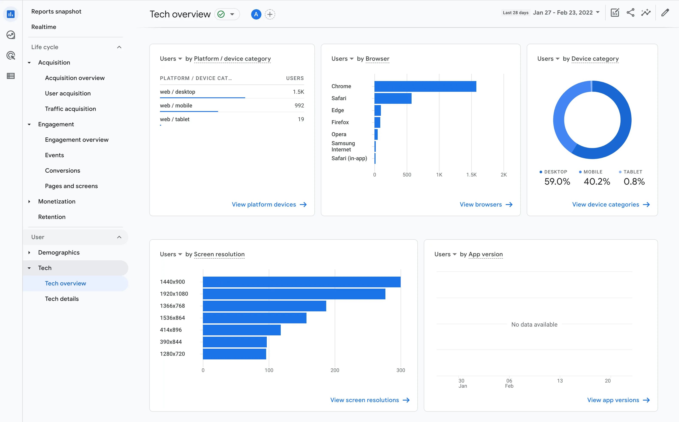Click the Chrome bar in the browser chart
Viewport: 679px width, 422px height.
[425, 86]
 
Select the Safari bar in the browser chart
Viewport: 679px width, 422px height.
[393, 98]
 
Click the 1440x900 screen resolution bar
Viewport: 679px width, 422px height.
[301, 282]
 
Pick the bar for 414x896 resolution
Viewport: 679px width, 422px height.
[242, 330]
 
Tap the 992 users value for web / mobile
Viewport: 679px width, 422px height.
[299, 105]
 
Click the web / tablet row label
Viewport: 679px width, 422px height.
[174, 119]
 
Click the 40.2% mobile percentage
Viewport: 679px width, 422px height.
[597, 182]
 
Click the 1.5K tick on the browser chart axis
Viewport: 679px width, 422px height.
[471, 175]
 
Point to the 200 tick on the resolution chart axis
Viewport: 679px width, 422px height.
[335, 370]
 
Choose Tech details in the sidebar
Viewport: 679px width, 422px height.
[62, 299]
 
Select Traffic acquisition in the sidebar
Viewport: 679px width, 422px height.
[70, 109]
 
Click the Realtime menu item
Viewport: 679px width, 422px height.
[44, 27]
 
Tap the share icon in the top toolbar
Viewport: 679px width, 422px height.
[630, 13]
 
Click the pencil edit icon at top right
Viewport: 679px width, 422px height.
[665, 13]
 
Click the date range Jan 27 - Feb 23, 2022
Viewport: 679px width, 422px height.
[563, 13]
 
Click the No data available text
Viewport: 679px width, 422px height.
[534, 324]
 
